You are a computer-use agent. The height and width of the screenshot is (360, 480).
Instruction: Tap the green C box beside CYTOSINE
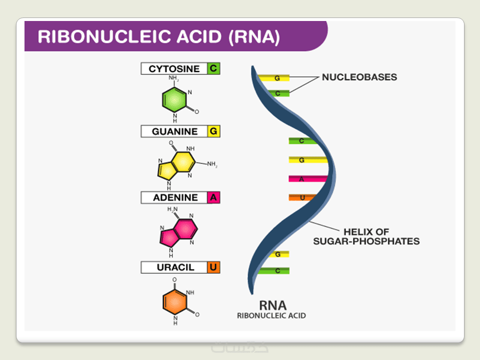[213, 68]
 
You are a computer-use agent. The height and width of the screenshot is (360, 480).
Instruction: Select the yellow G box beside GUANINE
[213, 131]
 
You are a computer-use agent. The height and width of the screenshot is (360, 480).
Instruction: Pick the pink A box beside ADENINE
[213, 197]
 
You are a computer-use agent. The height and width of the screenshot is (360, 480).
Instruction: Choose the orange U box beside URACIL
[213, 267]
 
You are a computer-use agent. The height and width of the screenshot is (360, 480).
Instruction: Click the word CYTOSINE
[174, 68]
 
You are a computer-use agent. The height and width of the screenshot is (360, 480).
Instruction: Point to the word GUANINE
[174, 131]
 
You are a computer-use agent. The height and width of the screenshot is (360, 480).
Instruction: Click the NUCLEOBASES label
[359, 77]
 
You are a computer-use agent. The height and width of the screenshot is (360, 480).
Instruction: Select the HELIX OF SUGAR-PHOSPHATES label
[366, 236]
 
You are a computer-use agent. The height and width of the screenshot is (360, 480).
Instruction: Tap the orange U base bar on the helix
[302, 198]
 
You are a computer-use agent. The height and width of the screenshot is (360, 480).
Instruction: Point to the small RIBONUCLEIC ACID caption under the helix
[271, 316]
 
